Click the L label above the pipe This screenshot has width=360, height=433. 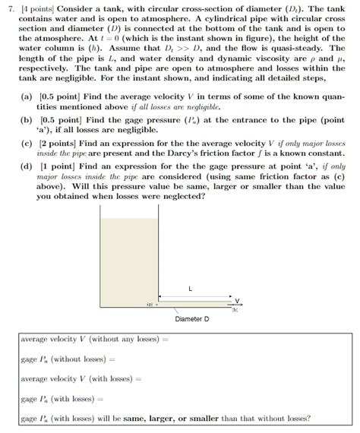190,289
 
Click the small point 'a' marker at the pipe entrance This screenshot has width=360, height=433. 150,305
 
